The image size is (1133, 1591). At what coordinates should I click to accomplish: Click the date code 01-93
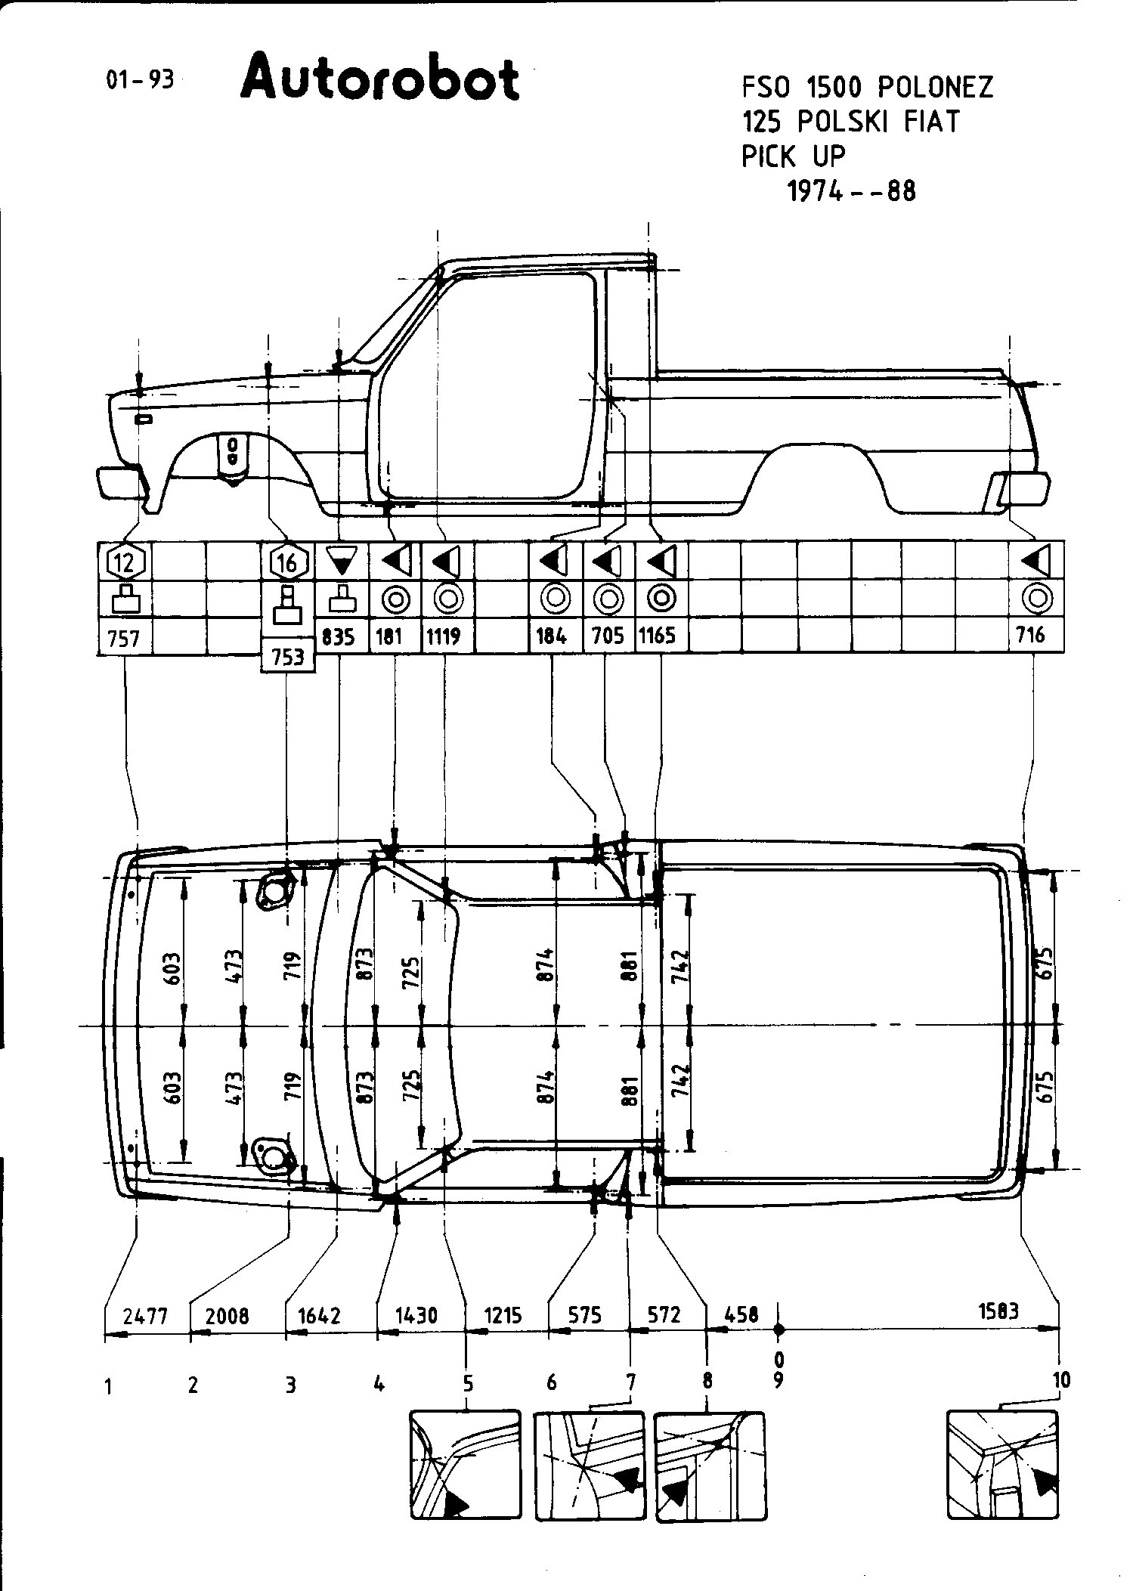(140, 80)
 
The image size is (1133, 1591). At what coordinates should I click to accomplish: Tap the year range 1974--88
(851, 191)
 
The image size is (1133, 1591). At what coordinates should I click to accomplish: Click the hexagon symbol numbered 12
(125, 562)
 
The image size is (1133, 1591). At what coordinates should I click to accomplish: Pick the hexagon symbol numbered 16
(288, 562)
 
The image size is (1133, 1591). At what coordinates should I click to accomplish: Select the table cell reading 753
(288, 656)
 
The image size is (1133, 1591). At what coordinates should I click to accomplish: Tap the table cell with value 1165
(657, 636)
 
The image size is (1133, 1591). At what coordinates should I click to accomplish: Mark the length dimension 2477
(145, 1316)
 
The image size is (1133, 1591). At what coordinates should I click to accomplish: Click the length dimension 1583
(997, 1311)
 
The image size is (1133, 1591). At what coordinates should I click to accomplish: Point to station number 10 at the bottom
(1061, 1380)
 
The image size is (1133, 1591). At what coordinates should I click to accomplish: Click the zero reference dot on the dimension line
(779, 1329)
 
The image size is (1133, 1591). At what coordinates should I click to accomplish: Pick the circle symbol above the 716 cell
(1036, 599)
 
